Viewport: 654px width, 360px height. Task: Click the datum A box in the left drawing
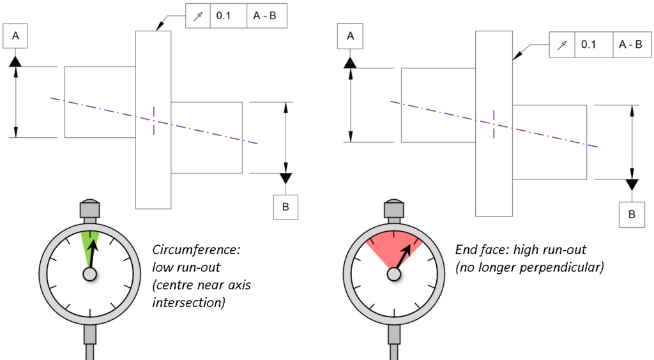click(x=16, y=37)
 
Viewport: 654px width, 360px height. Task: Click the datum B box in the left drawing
click(x=285, y=206)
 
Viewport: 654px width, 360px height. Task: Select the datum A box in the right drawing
click(x=350, y=37)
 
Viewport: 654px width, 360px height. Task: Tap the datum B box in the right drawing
click(x=632, y=214)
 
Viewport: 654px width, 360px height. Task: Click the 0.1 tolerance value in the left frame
click(x=224, y=16)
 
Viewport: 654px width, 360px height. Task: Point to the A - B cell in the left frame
click(x=266, y=16)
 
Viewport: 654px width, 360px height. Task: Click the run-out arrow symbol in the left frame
click(x=197, y=16)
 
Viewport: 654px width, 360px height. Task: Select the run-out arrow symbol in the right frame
click(x=562, y=45)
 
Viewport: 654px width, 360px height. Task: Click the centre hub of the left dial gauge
click(x=89, y=273)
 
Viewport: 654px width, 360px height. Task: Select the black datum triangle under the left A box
click(x=16, y=61)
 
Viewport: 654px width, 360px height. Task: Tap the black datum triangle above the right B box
click(x=632, y=184)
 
